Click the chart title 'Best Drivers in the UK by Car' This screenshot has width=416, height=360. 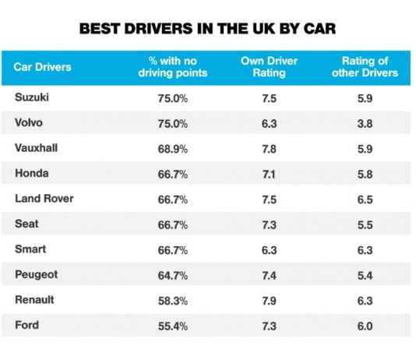coord(208,30)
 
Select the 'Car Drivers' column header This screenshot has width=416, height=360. coord(42,66)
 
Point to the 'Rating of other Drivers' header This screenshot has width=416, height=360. coord(361,67)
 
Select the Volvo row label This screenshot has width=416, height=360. coord(29,123)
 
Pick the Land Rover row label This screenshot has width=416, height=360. coord(44,199)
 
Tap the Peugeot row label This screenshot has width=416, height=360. coord(36,274)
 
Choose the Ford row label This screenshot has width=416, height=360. coord(26,324)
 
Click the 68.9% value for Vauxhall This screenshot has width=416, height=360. coord(172,149)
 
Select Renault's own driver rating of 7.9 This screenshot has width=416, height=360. coord(267,300)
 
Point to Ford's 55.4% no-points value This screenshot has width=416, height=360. coord(172,325)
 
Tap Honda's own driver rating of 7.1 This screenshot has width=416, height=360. coord(267,174)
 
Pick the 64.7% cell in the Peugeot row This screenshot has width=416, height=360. coord(172,274)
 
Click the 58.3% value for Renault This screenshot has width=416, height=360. coord(172,300)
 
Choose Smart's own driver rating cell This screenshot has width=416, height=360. coord(267,249)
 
